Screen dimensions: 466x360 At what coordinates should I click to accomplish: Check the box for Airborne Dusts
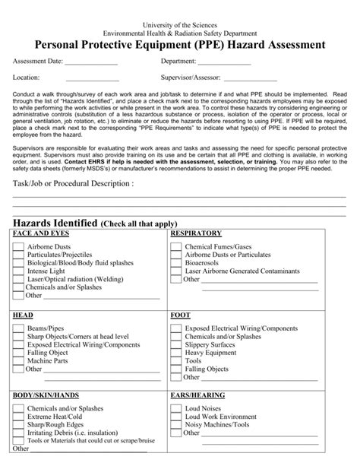(x=18, y=249)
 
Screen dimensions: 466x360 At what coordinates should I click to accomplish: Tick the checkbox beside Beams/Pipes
(x=18, y=328)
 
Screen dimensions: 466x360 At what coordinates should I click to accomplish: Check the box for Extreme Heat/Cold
(x=18, y=417)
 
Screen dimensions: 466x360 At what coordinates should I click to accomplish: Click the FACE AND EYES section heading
(x=38, y=233)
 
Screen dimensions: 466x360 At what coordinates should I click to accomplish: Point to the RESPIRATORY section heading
(x=196, y=233)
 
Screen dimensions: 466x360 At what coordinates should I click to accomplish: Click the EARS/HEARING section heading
(x=198, y=396)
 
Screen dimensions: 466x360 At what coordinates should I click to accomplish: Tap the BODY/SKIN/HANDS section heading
(x=46, y=396)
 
